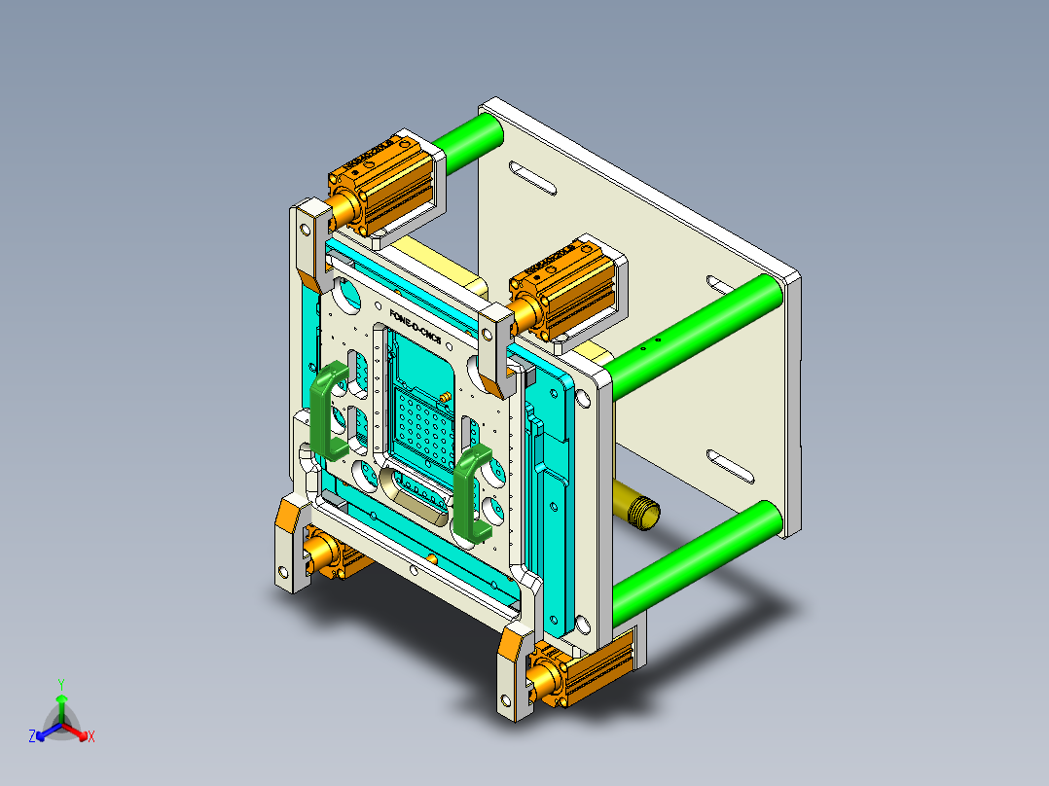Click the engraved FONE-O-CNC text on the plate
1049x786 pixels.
click(416, 328)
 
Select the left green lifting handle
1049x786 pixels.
click(328, 409)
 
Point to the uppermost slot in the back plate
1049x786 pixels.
click(532, 179)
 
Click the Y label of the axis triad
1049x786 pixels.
click(61, 684)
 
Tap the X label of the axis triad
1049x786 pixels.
click(91, 736)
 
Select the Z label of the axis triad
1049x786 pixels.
click(32, 736)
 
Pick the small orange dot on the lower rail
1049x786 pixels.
click(430, 558)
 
